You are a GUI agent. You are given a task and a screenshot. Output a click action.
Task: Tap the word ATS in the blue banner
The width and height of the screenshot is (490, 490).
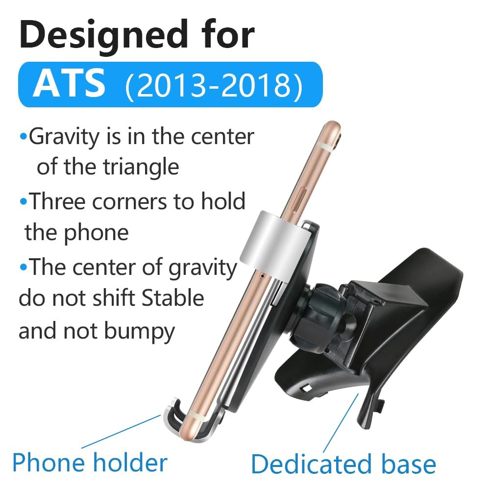coord(69,84)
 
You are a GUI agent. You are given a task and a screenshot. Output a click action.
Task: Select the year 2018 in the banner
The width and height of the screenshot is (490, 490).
coord(256,85)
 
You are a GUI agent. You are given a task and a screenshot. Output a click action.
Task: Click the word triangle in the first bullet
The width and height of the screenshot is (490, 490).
coord(141,167)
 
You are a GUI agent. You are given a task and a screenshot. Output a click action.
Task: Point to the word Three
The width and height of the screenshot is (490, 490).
coord(58,201)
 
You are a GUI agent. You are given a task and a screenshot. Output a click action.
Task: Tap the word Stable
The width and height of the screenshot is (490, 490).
coord(173,298)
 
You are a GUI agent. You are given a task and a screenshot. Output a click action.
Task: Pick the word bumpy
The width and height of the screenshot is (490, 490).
coord(139,332)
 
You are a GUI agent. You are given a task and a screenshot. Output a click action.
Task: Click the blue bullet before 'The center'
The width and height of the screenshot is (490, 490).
coord(24,267)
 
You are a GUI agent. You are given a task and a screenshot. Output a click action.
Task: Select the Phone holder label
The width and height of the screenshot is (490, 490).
coord(90,463)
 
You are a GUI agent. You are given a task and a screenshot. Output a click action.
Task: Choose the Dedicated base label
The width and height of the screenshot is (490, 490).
coord(343,465)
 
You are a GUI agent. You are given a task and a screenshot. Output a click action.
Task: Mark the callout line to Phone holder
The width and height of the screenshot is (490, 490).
coord(121,432)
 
